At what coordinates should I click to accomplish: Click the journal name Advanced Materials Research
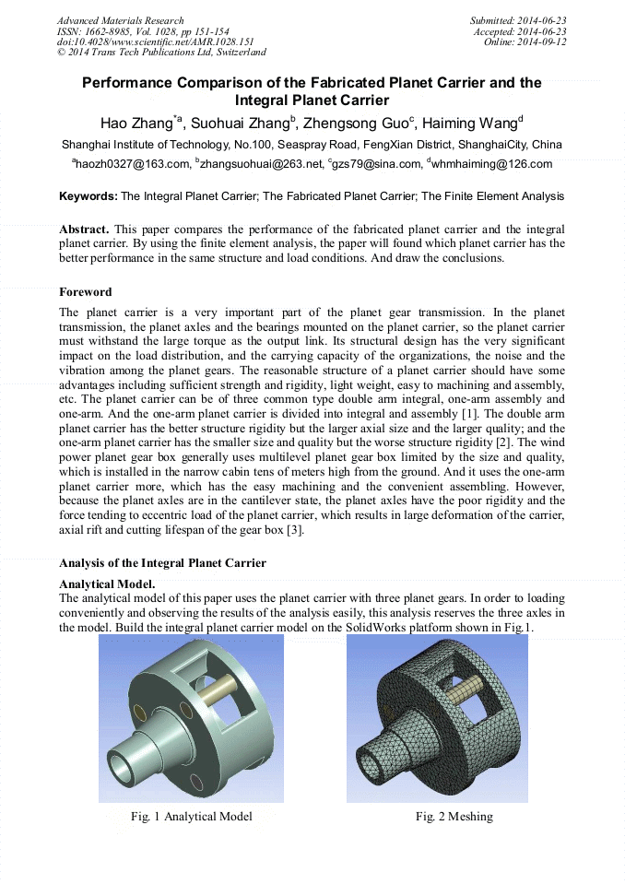(x=121, y=20)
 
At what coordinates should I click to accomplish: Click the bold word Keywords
(x=88, y=196)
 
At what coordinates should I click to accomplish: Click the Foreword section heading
(x=86, y=292)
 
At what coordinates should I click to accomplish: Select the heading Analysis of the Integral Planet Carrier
(x=162, y=562)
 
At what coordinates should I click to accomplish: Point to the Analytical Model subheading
(x=106, y=584)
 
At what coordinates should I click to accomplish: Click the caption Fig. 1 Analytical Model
(x=191, y=817)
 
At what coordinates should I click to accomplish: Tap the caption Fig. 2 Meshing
(x=454, y=817)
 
